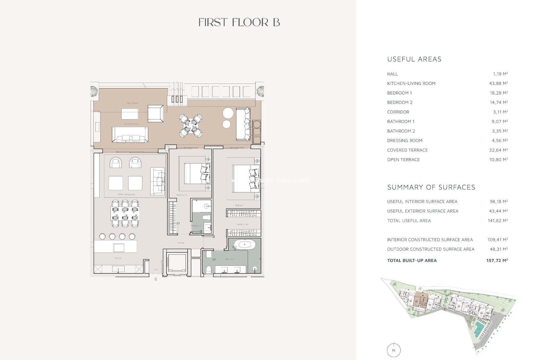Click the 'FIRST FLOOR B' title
click(x=239, y=22)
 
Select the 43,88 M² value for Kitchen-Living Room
click(x=498, y=83)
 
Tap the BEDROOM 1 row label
click(x=399, y=93)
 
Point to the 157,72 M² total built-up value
click(x=497, y=260)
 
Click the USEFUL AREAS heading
click(x=414, y=59)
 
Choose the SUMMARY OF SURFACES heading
click(x=431, y=187)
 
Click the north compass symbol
click(x=393, y=350)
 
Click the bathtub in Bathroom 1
click(x=244, y=245)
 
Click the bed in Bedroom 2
click(x=197, y=173)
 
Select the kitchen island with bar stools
click(x=115, y=246)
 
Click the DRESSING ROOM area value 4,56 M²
click(x=498, y=141)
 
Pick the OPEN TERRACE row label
click(x=403, y=159)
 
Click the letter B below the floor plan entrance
click(x=156, y=279)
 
